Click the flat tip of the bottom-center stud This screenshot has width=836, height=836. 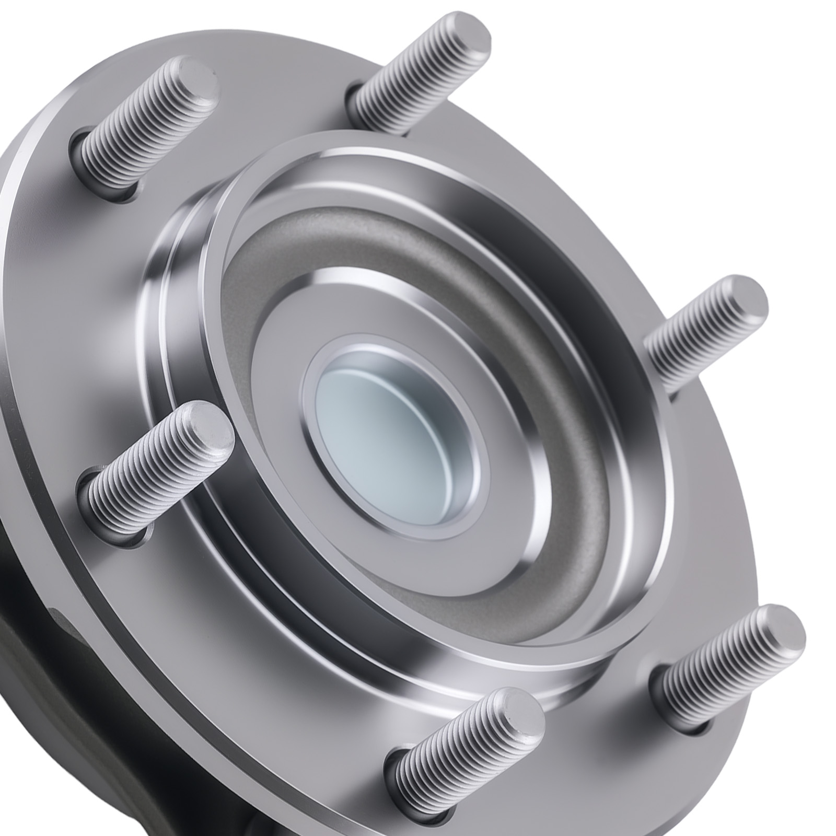515,716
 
